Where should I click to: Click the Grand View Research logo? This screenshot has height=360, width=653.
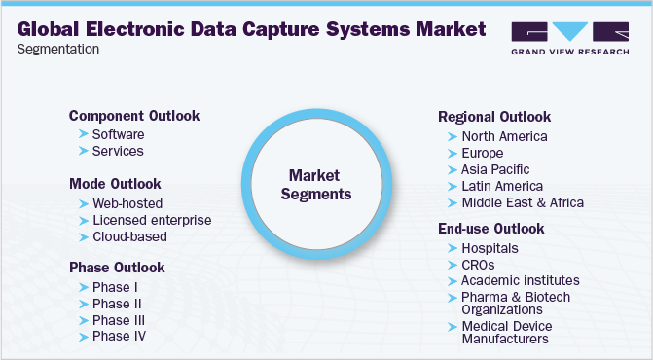coord(568,38)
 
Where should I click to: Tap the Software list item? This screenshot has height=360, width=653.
coord(118,134)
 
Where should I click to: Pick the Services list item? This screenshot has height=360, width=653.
coord(118,151)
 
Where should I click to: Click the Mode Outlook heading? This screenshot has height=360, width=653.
coord(115,183)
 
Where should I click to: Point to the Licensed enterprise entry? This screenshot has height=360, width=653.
coord(151,220)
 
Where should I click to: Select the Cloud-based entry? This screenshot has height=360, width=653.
coord(129,236)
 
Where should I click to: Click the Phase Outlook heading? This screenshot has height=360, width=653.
coord(117,267)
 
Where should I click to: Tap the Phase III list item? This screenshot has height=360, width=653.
coord(119,320)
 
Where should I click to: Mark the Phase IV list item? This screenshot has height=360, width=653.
coord(120,337)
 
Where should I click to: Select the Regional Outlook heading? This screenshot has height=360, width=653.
coord(495,117)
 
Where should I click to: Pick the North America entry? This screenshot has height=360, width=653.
coord(504,136)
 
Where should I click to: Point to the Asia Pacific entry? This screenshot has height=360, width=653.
coord(495,169)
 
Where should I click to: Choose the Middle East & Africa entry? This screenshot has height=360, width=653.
coord(523,202)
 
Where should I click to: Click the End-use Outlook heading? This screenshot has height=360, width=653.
coord(491,229)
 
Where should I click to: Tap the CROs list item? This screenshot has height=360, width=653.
coord(481,265)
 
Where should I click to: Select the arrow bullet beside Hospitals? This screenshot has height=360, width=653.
coord(452,248)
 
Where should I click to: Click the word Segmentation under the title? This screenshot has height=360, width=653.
coord(57,48)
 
